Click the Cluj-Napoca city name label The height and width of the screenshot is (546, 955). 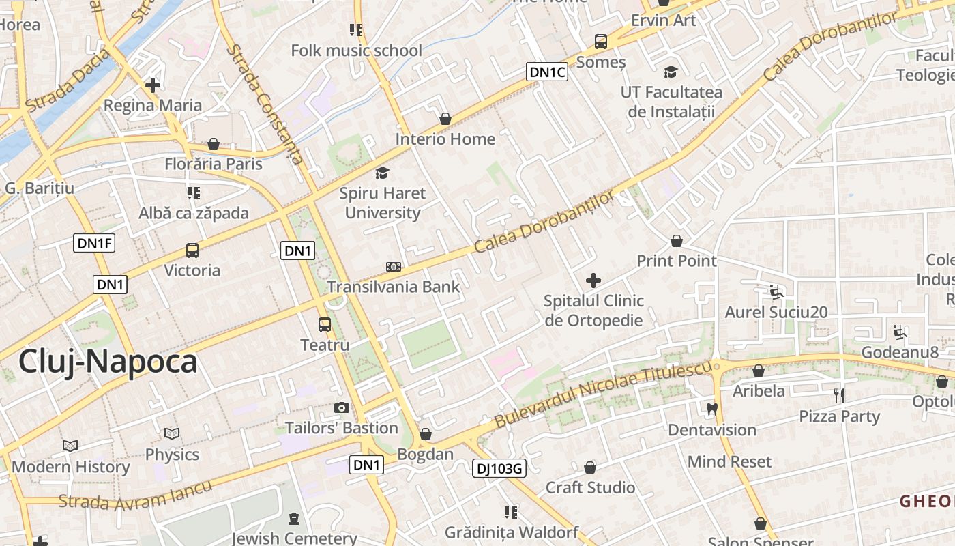[x=108, y=362]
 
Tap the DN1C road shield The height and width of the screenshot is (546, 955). [x=547, y=72]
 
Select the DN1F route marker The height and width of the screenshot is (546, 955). [x=93, y=243]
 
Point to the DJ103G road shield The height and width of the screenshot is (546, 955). [x=499, y=468]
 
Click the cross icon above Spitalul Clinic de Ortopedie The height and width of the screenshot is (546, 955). [x=593, y=280]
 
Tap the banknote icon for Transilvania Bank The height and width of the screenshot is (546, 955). [x=393, y=267]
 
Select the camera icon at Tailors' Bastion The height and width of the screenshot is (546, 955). [x=342, y=407]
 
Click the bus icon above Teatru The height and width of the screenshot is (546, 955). [x=325, y=325]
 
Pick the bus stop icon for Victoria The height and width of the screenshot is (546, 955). [x=192, y=250]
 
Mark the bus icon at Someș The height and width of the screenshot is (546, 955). [x=600, y=42]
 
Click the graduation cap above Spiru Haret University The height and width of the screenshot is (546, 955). [x=382, y=173]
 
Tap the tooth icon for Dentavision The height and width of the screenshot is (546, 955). [x=711, y=409]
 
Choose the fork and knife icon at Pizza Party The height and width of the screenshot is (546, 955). [x=839, y=395]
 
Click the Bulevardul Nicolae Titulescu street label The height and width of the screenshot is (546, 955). [x=604, y=395]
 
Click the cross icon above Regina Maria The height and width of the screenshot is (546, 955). [x=153, y=85]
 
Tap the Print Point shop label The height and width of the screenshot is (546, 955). [x=677, y=261]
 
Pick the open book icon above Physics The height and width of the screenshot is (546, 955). [x=172, y=434]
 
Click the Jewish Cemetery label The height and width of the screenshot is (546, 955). [x=294, y=538]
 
